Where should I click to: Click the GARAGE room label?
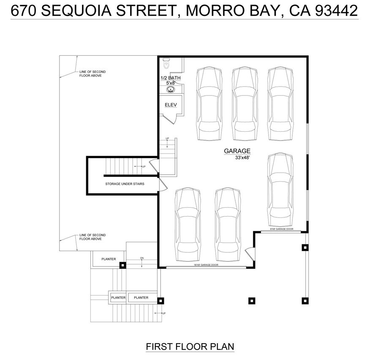click(237, 151)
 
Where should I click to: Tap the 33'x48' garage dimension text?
click(243, 158)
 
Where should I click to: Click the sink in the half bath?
click(171, 89)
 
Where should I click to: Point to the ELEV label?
click(170, 105)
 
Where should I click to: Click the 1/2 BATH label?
click(170, 78)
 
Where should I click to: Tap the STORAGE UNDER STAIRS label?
click(125, 184)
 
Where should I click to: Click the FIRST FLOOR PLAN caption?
click(190, 346)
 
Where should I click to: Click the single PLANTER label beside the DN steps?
click(109, 259)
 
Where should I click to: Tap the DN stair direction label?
click(142, 258)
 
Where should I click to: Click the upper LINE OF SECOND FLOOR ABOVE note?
click(92, 73)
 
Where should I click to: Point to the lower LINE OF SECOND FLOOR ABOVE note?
click(92, 237)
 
